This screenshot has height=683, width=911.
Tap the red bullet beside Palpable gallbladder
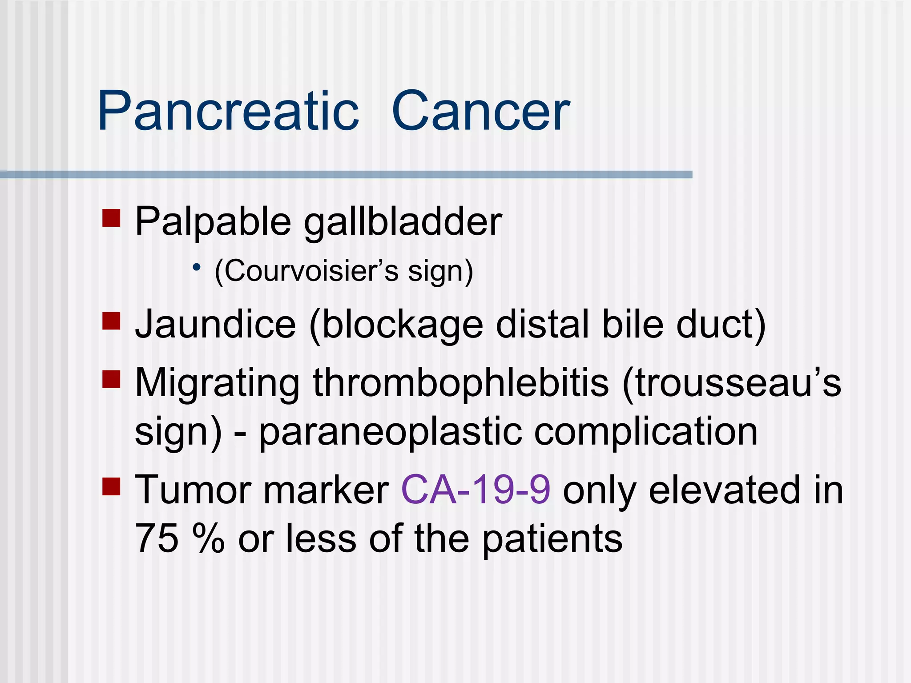pyautogui.click(x=111, y=218)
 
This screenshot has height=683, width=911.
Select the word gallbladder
pyautogui.click(x=403, y=222)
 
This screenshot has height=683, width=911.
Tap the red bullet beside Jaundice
pyautogui.click(x=111, y=321)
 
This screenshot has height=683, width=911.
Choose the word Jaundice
pyautogui.click(x=215, y=325)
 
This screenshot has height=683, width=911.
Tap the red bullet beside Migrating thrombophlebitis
pyautogui.click(x=111, y=379)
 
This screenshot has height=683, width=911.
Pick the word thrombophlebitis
pyautogui.click(x=460, y=384)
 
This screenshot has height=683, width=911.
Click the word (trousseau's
pyautogui.click(x=731, y=384)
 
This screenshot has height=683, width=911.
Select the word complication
pyautogui.click(x=645, y=433)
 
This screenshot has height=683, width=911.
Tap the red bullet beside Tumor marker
pyautogui.click(x=111, y=486)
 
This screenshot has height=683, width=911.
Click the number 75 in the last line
pyautogui.click(x=156, y=538)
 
